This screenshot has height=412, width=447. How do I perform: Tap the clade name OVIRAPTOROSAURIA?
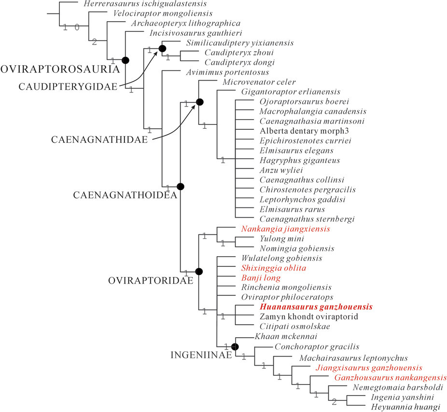(60, 69)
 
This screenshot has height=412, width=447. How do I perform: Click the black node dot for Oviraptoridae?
(199, 272)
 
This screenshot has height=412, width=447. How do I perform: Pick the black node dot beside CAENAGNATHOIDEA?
(181, 186)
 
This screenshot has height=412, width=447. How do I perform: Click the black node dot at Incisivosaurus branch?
(126, 60)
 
